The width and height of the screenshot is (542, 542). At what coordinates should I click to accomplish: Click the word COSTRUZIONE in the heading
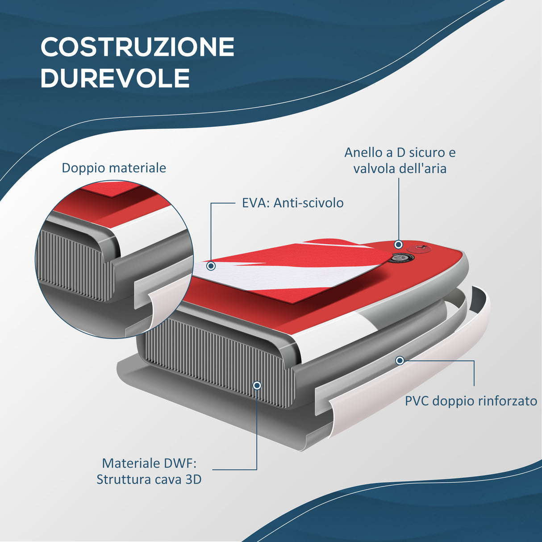(138, 47)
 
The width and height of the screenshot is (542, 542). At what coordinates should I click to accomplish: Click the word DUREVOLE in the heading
(115, 78)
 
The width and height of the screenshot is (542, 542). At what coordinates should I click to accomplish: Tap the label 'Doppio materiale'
(114, 168)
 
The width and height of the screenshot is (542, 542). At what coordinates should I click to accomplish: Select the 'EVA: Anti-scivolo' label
(292, 203)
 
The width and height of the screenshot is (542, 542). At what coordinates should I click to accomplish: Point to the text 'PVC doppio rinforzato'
(471, 401)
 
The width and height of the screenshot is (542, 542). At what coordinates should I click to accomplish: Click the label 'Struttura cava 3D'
(149, 479)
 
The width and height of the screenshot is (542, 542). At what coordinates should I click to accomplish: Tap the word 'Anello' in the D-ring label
(363, 153)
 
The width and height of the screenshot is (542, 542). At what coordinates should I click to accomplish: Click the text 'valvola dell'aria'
(400, 169)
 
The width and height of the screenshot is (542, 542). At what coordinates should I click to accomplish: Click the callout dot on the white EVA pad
(211, 266)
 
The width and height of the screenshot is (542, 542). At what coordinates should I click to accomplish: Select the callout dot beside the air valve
(398, 245)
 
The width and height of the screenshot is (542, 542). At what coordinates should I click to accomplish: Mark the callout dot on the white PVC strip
(400, 360)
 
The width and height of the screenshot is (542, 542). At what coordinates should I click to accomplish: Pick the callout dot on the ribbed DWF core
(257, 385)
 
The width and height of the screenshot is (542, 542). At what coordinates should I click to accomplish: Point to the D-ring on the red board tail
(420, 248)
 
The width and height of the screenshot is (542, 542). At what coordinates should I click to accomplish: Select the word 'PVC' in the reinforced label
(417, 401)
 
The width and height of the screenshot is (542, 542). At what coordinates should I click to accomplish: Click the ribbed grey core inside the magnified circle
(71, 263)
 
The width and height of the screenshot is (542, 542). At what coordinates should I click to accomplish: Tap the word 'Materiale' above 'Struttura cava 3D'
(131, 463)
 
